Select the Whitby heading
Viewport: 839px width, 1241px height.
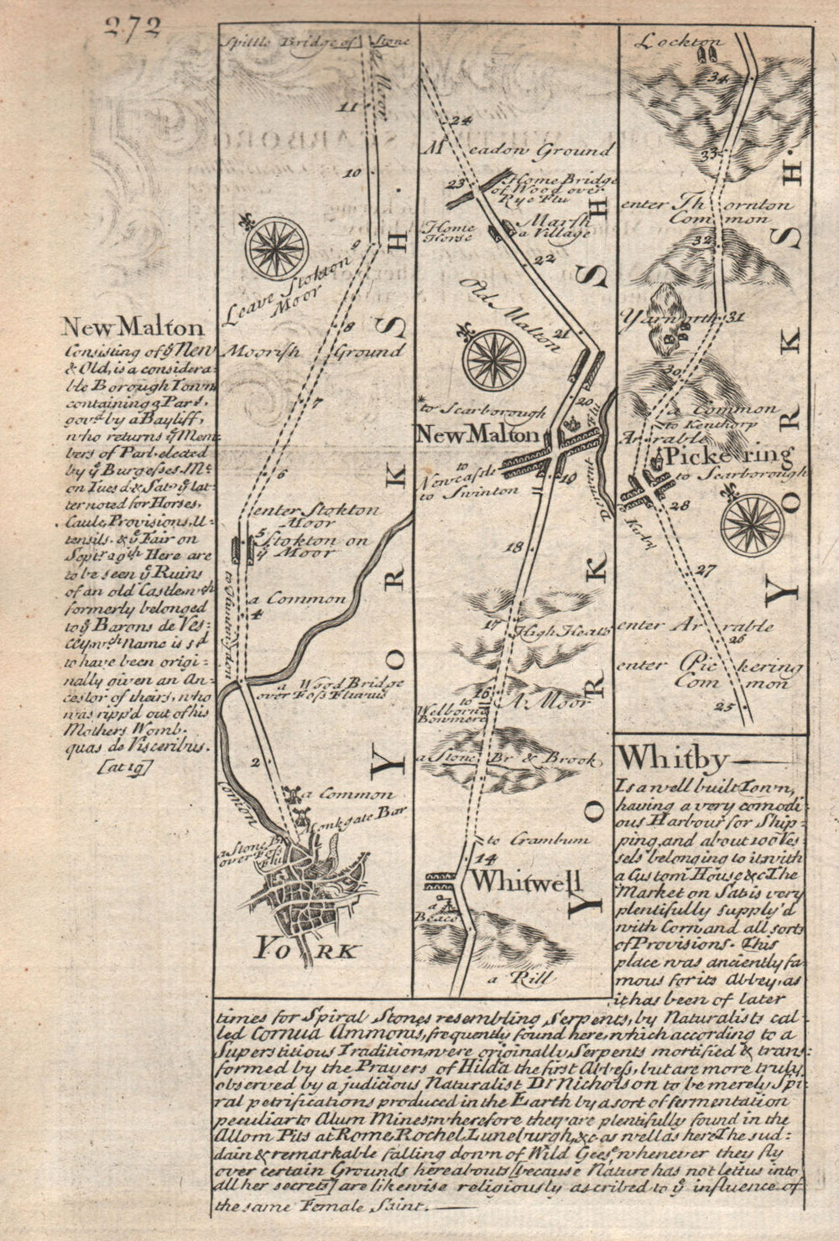671,757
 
